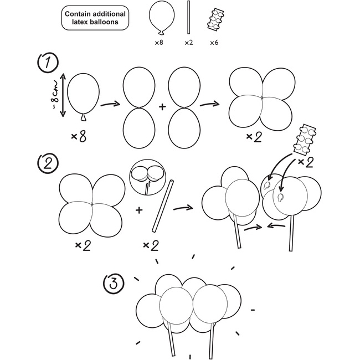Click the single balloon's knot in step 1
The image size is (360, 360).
coord(84,116)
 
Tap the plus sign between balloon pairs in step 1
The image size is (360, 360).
coord(162,106)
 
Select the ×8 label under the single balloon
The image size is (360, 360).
coord(79,135)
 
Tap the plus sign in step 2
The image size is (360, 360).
coord(138,210)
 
